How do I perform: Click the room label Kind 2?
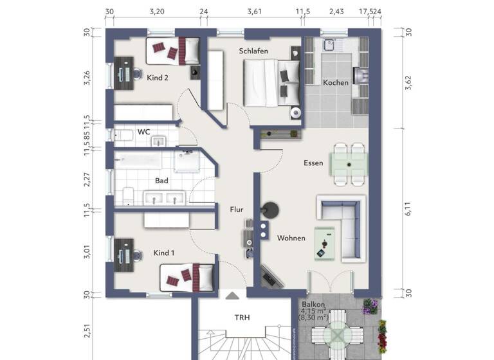158,78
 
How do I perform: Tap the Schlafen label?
253,51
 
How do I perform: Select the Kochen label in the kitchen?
336,82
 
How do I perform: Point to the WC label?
144,132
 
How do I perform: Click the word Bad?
161,181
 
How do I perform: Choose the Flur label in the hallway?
237,209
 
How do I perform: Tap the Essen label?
313,163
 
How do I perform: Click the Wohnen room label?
291,239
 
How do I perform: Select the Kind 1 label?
164,253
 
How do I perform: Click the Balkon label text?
313,305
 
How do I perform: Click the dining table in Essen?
349,164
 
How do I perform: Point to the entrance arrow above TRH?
232,296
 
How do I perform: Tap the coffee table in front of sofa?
325,244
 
